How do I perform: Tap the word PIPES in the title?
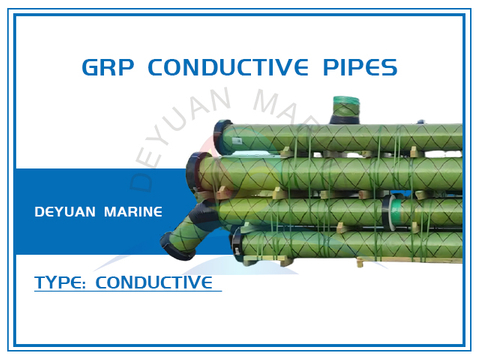pyautogui.click(x=359, y=67)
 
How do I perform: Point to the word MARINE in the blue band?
pyautogui.click(x=141, y=212)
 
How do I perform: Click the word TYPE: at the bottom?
pyautogui.click(x=60, y=283)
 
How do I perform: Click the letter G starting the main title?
pyautogui.click(x=89, y=67)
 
